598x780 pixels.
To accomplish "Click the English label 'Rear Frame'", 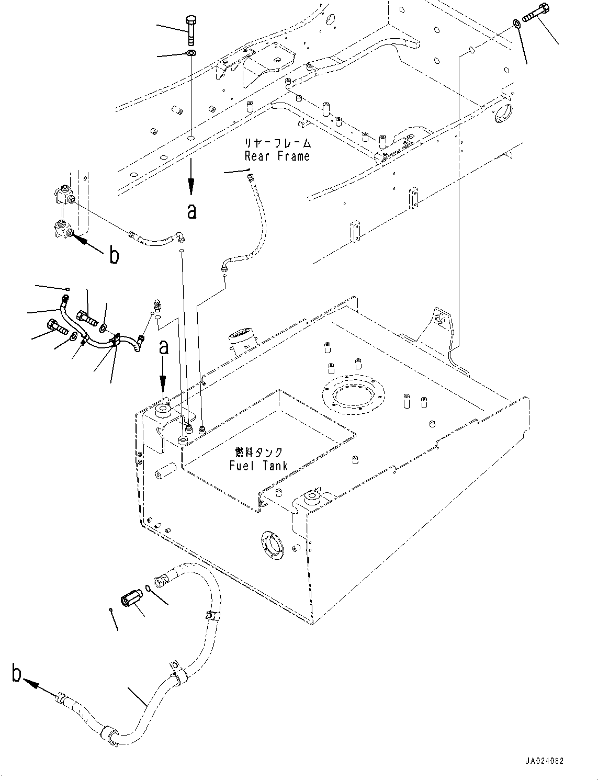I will coord(277,156).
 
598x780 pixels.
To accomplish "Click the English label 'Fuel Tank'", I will coord(258,465).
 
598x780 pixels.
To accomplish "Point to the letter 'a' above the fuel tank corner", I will coord(164,347).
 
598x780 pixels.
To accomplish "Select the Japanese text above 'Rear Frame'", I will coord(278,143).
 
